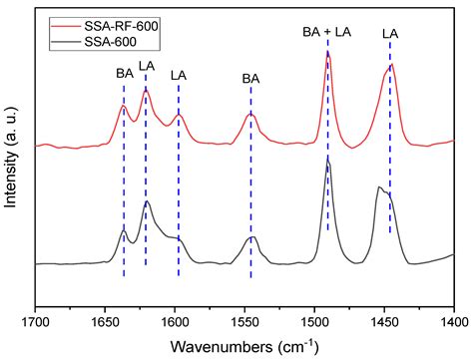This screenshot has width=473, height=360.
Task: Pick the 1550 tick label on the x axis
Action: pyautogui.click(x=245, y=321)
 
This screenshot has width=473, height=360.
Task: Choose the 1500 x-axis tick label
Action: pyautogui.click(x=315, y=321)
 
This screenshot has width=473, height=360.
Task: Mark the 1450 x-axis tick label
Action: pyautogui.click(x=385, y=321)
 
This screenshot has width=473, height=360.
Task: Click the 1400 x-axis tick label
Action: pyautogui.click(x=453, y=321)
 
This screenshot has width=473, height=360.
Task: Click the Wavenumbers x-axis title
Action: pyautogui.click(x=244, y=345)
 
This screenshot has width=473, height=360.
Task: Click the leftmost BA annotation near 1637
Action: pyautogui.click(x=124, y=73)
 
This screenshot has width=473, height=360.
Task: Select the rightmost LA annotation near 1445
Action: pyautogui.click(x=390, y=34)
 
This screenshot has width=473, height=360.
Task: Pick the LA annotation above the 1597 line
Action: pyautogui.click(x=179, y=75)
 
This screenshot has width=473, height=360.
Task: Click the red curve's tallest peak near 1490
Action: pyautogui.click(x=327, y=54)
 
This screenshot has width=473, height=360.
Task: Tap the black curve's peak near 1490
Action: pyautogui.click(x=327, y=159)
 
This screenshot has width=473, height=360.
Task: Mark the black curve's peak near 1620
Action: pyautogui.click(x=147, y=202)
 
